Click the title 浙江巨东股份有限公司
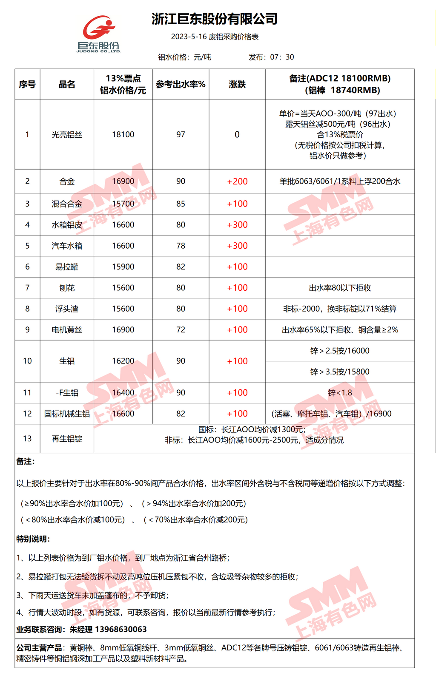tap(215, 19)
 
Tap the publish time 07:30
tap(282, 57)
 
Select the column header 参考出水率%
tap(181, 84)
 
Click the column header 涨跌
tap(237, 84)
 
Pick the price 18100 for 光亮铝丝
tap(123, 134)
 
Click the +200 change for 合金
tap(237, 182)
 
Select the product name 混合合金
tap(67, 204)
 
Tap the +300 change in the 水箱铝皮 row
tap(237, 225)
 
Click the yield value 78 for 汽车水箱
tap(181, 246)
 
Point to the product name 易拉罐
tap(67, 267)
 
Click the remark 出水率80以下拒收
tap(340, 288)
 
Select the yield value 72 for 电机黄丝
tap(181, 330)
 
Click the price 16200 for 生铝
tap(123, 361)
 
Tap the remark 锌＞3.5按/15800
tap(340, 372)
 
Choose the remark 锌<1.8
tap(340, 393)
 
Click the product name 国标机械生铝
tap(67, 414)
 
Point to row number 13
tap(27, 438)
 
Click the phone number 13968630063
tap(121, 629)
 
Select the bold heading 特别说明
tap(33, 539)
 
